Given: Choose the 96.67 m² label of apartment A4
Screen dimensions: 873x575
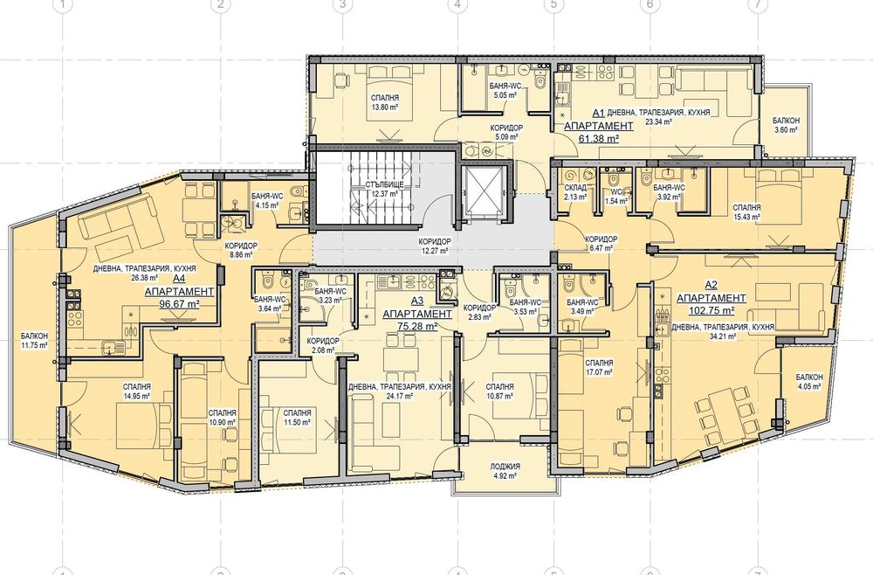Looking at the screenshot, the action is (179, 304).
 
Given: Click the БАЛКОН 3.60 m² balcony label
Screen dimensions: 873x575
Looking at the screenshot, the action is (786, 125).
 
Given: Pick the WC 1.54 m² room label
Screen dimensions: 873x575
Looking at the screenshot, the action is (615, 196).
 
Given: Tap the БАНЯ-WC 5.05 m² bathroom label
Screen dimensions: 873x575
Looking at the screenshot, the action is (505, 91).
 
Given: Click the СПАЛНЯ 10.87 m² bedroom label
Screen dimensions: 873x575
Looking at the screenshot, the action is (499, 391).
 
